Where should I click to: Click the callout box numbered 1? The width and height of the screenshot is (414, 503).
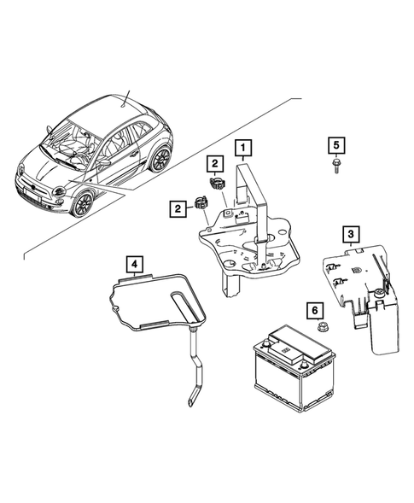244,149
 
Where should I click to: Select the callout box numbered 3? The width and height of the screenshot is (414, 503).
349,232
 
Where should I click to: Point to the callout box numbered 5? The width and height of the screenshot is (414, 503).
336,143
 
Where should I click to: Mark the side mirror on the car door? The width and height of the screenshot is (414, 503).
104,161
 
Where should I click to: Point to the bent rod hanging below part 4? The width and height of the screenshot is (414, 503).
195,376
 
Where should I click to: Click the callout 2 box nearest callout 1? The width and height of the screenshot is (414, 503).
214,162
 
